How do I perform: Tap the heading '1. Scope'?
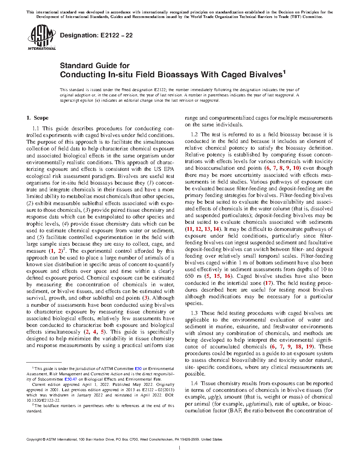[x=37, y=118]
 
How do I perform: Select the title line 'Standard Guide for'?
[x=95, y=66]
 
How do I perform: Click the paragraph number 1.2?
[x=194, y=135]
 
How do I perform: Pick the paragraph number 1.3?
[x=194, y=313]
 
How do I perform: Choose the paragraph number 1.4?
[x=194, y=383]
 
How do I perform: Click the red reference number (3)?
[x=145, y=298]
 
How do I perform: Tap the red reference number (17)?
[x=268, y=283]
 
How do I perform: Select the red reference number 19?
[x=309, y=347]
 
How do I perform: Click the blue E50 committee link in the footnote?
[x=138, y=369]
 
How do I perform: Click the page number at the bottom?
[x=180, y=448]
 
